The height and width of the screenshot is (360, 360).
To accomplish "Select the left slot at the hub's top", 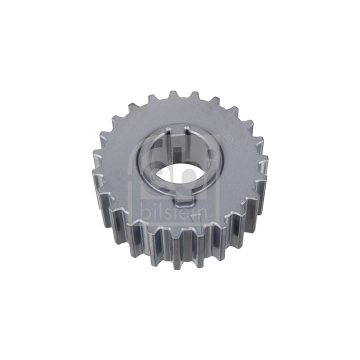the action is [168, 132].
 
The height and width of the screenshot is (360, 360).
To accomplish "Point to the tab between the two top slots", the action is [178, 131].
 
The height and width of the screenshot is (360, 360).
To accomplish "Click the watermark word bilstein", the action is [174, 211].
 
